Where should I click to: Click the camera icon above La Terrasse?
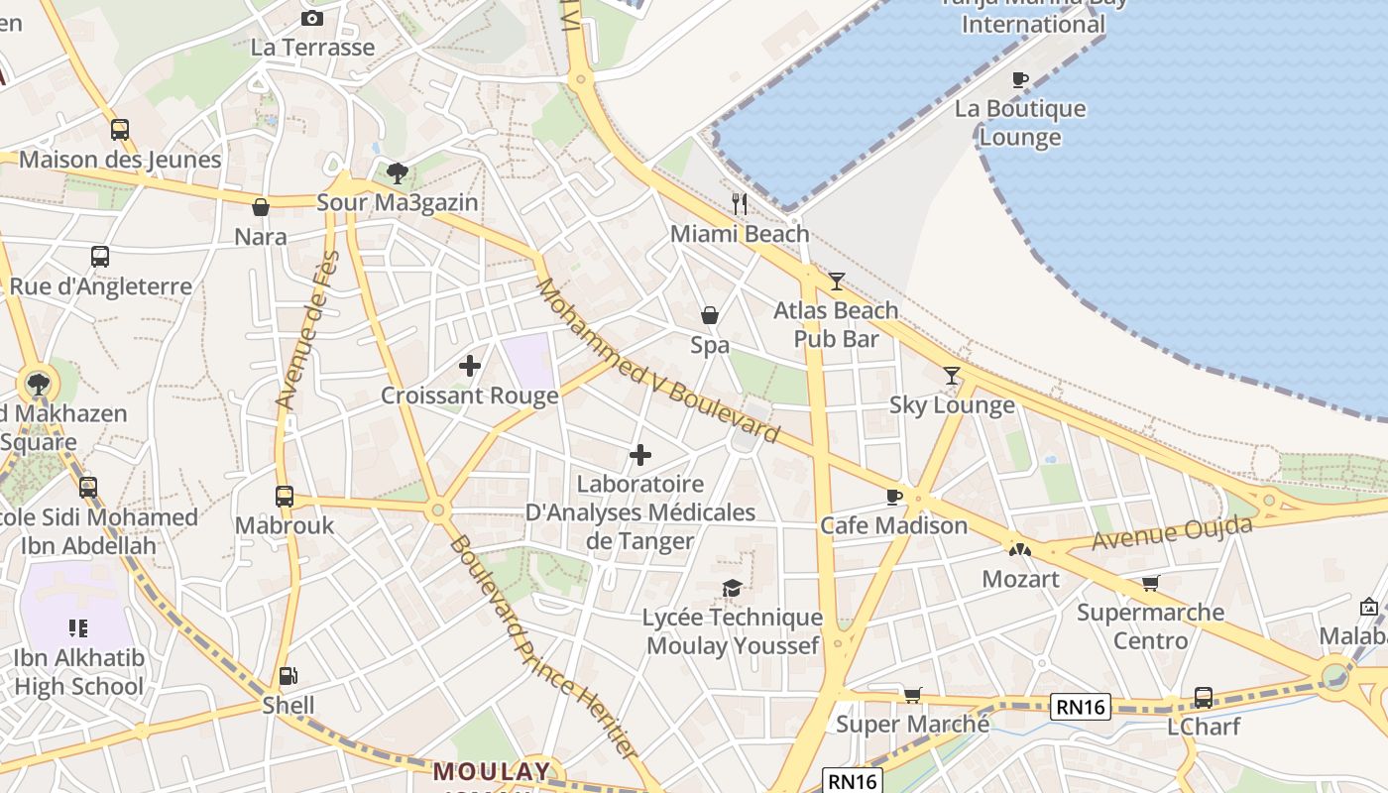312,18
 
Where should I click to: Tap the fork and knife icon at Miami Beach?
739,204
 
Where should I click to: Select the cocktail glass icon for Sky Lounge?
952,375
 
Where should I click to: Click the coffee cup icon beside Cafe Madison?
894,496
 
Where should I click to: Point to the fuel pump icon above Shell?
288,676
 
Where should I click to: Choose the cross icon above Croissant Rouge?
470,366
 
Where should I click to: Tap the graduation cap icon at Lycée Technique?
732,588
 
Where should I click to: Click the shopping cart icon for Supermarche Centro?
1150,583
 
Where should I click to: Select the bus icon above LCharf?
1203,697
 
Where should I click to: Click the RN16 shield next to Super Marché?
1081,707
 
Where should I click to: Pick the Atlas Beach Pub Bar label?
836,324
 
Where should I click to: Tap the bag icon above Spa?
710,315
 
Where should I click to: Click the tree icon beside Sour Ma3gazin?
398,173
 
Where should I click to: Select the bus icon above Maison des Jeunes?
120,129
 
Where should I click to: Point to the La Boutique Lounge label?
1020,122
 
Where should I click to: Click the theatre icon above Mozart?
1019,549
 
